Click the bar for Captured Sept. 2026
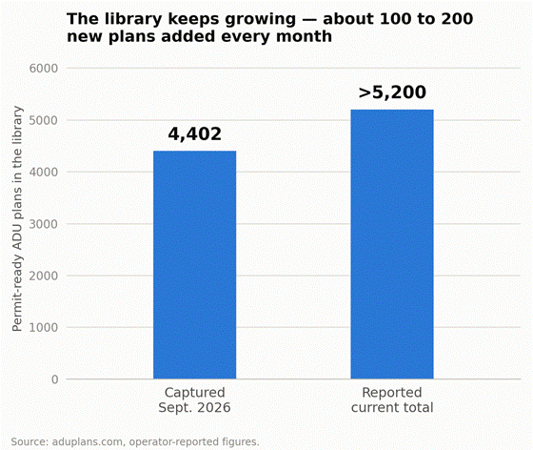coord(195,265)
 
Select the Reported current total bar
coord(392,244)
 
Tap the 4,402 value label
coord(195,133)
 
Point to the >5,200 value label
coord(392,92)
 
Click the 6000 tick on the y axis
coord(44,69)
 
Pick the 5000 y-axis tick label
coord(44,120)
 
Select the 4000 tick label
coord(44,173)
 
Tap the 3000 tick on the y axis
coord(44,224)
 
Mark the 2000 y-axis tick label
coord(44,276)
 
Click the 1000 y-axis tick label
coord(44,327)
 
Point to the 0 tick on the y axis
coord(55,379)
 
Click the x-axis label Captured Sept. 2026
coord(195,400)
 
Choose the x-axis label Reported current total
coord(392,400)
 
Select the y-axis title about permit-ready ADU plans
coord(17,218)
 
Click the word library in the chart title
coord(133,19)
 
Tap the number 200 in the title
coord(457,19)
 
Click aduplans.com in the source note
coord(87,441)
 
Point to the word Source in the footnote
coord(29,441)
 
